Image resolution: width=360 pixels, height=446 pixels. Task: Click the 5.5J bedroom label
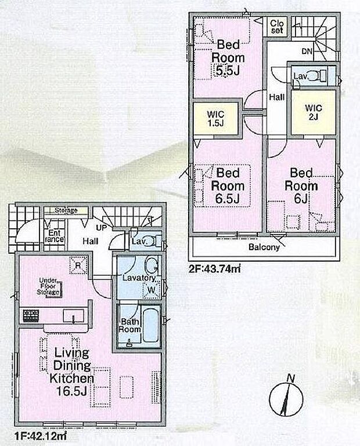point(228,58)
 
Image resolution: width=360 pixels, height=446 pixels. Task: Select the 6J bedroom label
point(301,186)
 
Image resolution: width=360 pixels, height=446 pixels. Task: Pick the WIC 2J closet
point(312,112)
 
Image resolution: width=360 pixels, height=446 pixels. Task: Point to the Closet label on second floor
point(277,26)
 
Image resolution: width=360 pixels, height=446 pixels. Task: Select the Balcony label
point(264,247)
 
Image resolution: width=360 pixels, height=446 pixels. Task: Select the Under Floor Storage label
point(49,286)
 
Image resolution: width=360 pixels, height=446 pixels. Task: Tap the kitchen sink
point(73,316)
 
